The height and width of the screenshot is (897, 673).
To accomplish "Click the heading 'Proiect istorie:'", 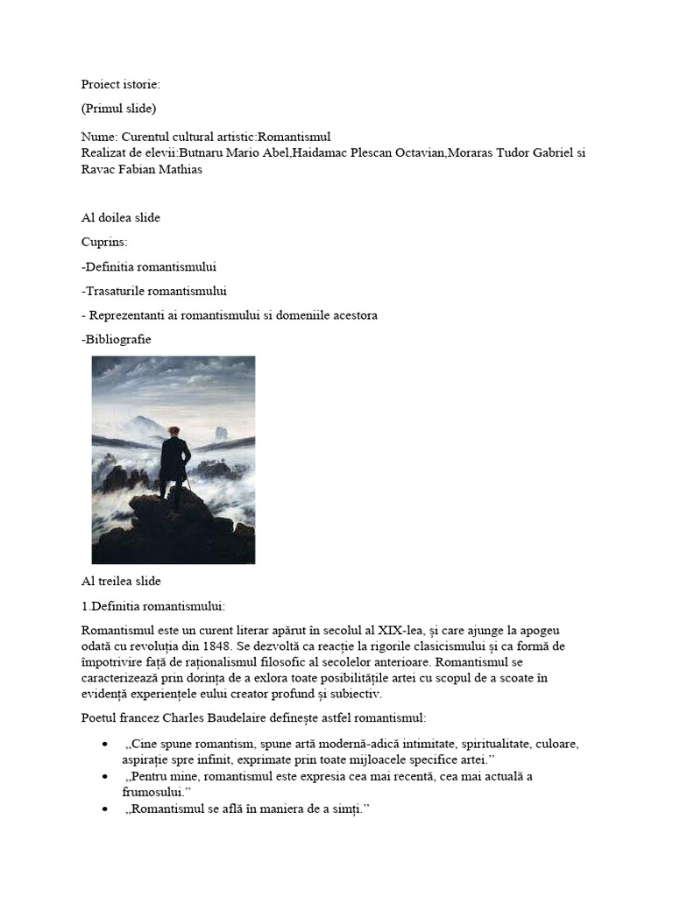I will pyautogui.click(x=121, y=84).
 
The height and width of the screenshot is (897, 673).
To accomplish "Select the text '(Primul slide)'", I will pyautogui.click(x=118, y=109).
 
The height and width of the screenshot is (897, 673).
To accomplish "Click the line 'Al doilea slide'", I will pyautogui.click(x=121, y=218).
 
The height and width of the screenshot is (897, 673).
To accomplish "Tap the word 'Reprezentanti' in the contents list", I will pyautogui.click(x=127, y=315).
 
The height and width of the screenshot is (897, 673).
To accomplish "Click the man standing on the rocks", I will pyautogui.click(x=174, y=464).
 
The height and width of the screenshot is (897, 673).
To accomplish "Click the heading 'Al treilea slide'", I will pyautogui.click(x=121, y=581).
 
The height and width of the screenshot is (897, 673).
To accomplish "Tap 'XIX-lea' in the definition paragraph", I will pyautogui.click(x=398, y=631).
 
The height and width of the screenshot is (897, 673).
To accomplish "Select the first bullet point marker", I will pyautogui.click(x=105, y=745).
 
